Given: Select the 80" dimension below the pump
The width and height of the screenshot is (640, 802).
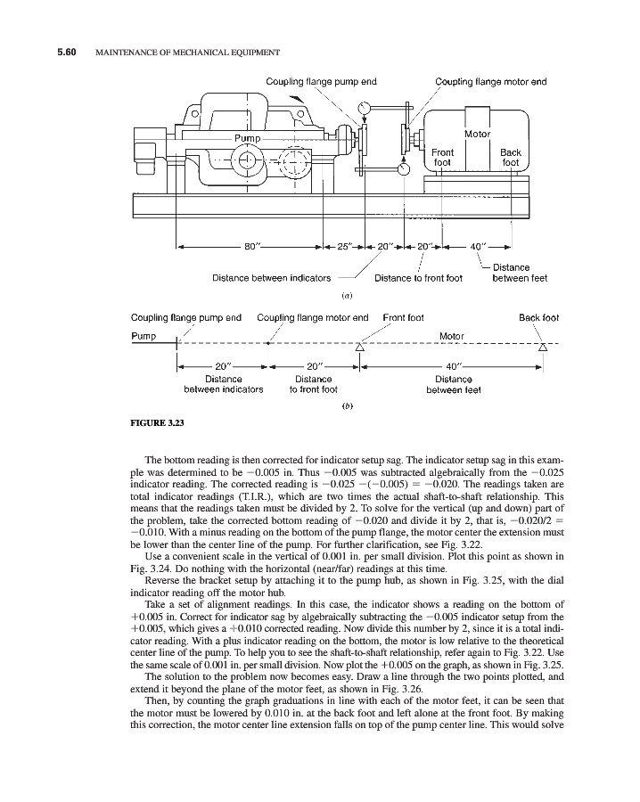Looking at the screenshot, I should [253, 245].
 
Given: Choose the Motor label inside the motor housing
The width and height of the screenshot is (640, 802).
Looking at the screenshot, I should [478, 134].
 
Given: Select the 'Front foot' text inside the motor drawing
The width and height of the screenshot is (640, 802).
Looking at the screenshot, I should [443, 158].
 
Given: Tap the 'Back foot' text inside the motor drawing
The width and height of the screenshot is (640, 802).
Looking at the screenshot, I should [510, 158].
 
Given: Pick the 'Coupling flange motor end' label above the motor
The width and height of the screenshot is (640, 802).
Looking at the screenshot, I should [490, 82].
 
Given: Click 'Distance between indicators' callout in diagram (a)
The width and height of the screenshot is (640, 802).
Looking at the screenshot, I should [272, 278].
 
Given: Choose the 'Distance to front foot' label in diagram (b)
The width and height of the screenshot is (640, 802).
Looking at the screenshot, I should [314, 383].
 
